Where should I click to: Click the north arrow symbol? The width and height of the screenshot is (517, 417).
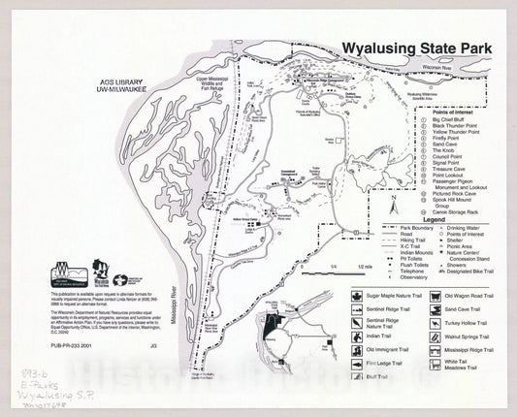(394, 205)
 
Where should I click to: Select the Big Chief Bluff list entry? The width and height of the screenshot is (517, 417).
(450, 119)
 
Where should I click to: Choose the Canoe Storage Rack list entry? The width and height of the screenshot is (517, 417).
(457, 210)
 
